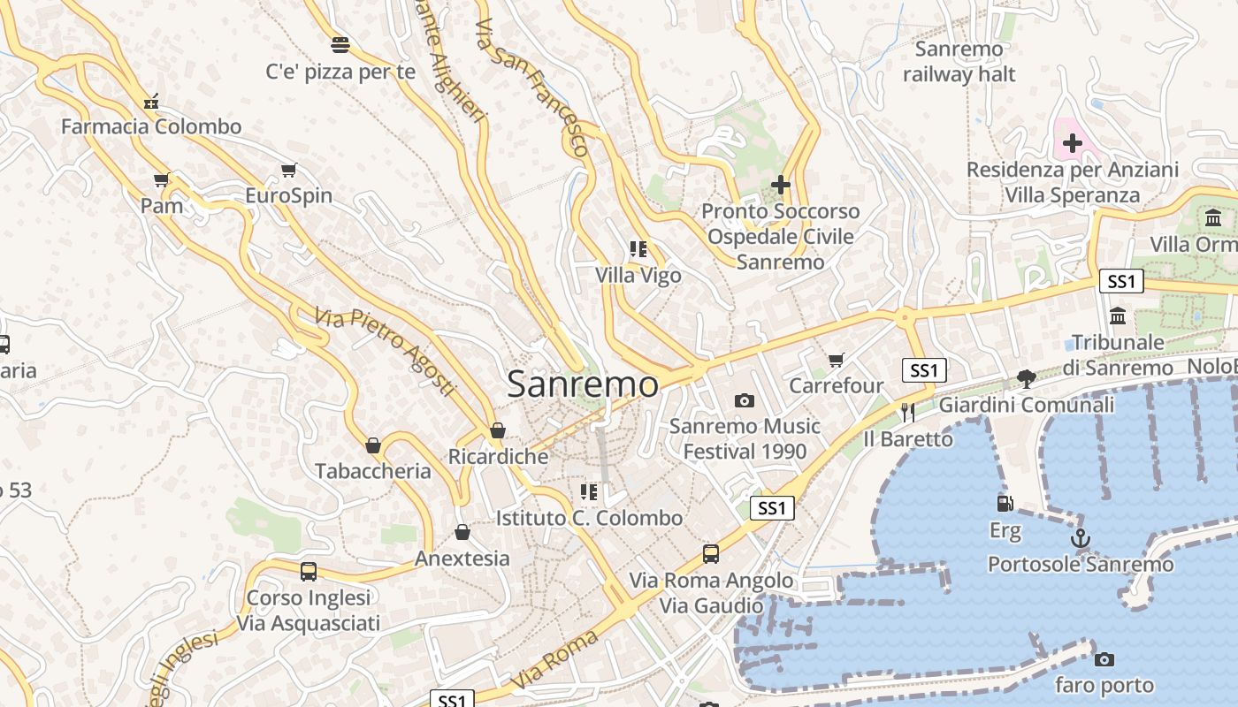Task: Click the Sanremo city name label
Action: point(583,384)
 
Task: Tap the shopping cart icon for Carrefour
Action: point(837,360)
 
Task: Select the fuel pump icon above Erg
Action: point(1005,504)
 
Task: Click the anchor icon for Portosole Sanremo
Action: point(1080,537)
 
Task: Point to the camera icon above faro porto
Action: point(1104,659)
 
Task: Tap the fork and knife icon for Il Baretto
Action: point(908,412)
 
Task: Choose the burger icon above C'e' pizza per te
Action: point(340,44)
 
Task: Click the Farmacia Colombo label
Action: point(151,126)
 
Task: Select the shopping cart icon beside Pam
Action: point(161,180)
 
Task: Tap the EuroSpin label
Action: point(288,195)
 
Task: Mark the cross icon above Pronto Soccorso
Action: point(780,185)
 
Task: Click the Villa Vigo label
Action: point(638,276)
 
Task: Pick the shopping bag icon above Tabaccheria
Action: point(373,445)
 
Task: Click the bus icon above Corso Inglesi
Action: point(308,571)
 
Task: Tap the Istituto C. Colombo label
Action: point(590,518)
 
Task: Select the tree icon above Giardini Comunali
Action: point(1026,379)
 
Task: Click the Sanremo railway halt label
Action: point(959,62)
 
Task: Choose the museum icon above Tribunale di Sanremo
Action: point(1118,315)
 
